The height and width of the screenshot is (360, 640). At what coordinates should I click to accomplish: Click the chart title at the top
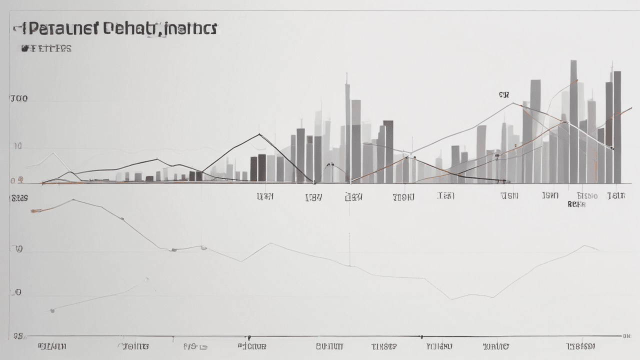click(x=115, y=29)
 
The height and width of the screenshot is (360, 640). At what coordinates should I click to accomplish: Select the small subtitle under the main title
click(x=46, y=48)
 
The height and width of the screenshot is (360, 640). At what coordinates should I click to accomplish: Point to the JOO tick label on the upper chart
click(x=18, y=98)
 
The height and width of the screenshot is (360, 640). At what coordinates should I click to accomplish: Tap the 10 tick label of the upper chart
click(x=18, y=146)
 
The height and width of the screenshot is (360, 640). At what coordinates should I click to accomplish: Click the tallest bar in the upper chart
click(x=573, y=120)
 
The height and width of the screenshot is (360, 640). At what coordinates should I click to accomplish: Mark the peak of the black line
click(x=259, y=134)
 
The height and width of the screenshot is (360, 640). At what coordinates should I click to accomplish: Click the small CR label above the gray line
click(x=503, y=94)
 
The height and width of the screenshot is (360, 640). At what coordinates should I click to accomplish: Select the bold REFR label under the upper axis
click(x=576, y=204)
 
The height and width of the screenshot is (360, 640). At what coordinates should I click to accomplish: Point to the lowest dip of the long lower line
click(x=452, y=299)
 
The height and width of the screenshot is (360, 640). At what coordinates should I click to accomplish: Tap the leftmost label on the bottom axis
click(x=52, y=346)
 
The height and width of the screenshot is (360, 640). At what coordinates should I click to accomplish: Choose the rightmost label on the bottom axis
click(x=580, y=346)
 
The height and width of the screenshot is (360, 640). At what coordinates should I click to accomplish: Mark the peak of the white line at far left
click(x=53, y=152)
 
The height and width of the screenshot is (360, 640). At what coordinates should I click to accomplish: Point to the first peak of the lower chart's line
click(x=73, y=200)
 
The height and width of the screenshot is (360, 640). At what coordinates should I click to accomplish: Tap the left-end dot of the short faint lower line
click(x=52, y=310)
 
